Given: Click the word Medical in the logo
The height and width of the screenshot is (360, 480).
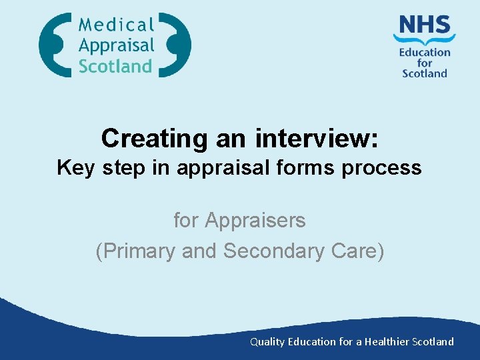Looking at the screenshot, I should pyautogui.click(x=116, y=25).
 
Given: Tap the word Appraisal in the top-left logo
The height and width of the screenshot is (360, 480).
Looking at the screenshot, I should pyautogui.click(x=116, y=46).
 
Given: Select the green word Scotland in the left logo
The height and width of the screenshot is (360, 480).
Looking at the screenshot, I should pyautogui.click(x=115, y=66).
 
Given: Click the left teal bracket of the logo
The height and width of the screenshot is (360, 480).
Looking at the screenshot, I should pyautogui.click(x=53, y=45).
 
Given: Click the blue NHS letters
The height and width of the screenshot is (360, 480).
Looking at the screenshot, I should pyautogui.click(x=424, y=26).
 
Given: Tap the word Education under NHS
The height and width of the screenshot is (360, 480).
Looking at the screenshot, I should pyautogui.click(x=425, y=53).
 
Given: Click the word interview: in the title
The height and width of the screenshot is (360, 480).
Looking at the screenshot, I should pyautogui.click(x=317, y=138).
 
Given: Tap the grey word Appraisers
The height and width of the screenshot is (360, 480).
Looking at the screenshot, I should pyautogui.click(x=255, y=220).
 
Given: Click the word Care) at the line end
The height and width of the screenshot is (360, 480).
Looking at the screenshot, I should pyautogui.click(x=361, y=251).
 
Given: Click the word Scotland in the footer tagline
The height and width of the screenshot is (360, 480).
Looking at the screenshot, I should pyautogui.click(x=433, y=341).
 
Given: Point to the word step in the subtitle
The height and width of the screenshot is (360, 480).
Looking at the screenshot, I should pyautogui.click(x=126, y=167).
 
